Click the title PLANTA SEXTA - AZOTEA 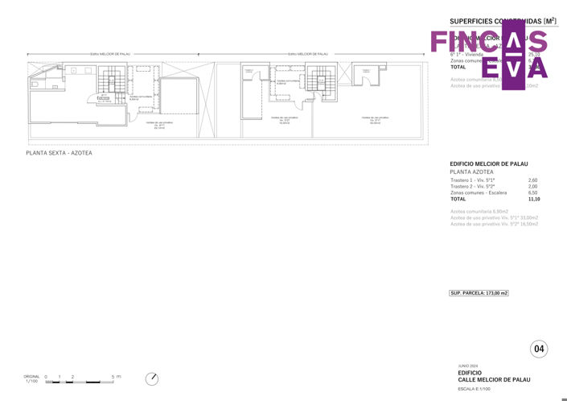pos(59,153)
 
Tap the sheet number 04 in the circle pos(539,349)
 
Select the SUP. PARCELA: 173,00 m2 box pos(479,293)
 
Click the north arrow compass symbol pos(152,378)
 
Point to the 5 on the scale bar pos(113,376)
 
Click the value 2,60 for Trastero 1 pos(532,180)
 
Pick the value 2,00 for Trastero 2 pos(532,186)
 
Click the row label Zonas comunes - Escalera pos(479,192)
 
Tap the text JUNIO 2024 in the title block pos(467,366)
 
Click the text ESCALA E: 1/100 pos(478,388)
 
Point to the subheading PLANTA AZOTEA pos(471,172)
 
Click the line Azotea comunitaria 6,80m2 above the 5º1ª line pos(479,211)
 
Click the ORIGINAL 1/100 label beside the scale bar pos(31,378)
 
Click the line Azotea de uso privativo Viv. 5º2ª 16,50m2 pos(495,224)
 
